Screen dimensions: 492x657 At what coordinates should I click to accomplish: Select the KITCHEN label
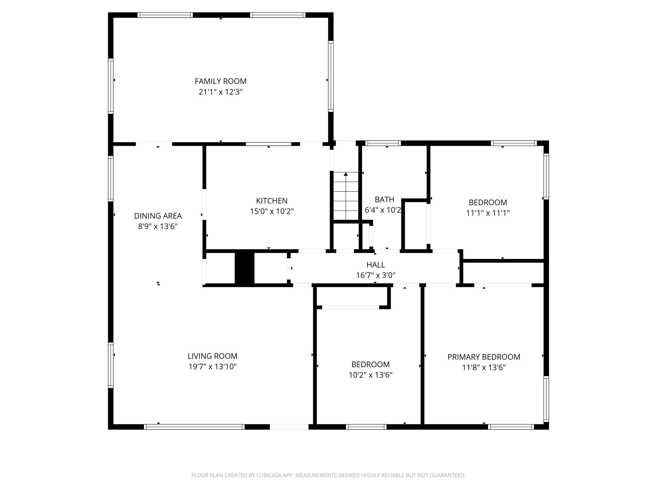click(272, 201)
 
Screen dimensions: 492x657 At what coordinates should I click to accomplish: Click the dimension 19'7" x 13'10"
click(212, 366)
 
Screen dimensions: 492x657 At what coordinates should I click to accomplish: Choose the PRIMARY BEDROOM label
click(484, 357)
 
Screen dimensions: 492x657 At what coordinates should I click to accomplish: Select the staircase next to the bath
click(346, 196)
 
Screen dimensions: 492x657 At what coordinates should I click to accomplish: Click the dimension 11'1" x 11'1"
click(488, 213)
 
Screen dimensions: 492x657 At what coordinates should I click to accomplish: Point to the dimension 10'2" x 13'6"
click(370, 375)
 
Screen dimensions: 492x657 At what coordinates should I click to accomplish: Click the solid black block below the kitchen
click(244, 268)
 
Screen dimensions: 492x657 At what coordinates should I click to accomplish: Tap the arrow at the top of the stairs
click(346, 174)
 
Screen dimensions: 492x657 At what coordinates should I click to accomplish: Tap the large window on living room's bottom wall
click(194, 427)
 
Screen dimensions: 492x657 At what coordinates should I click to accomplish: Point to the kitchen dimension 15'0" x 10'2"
click(272, 211)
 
